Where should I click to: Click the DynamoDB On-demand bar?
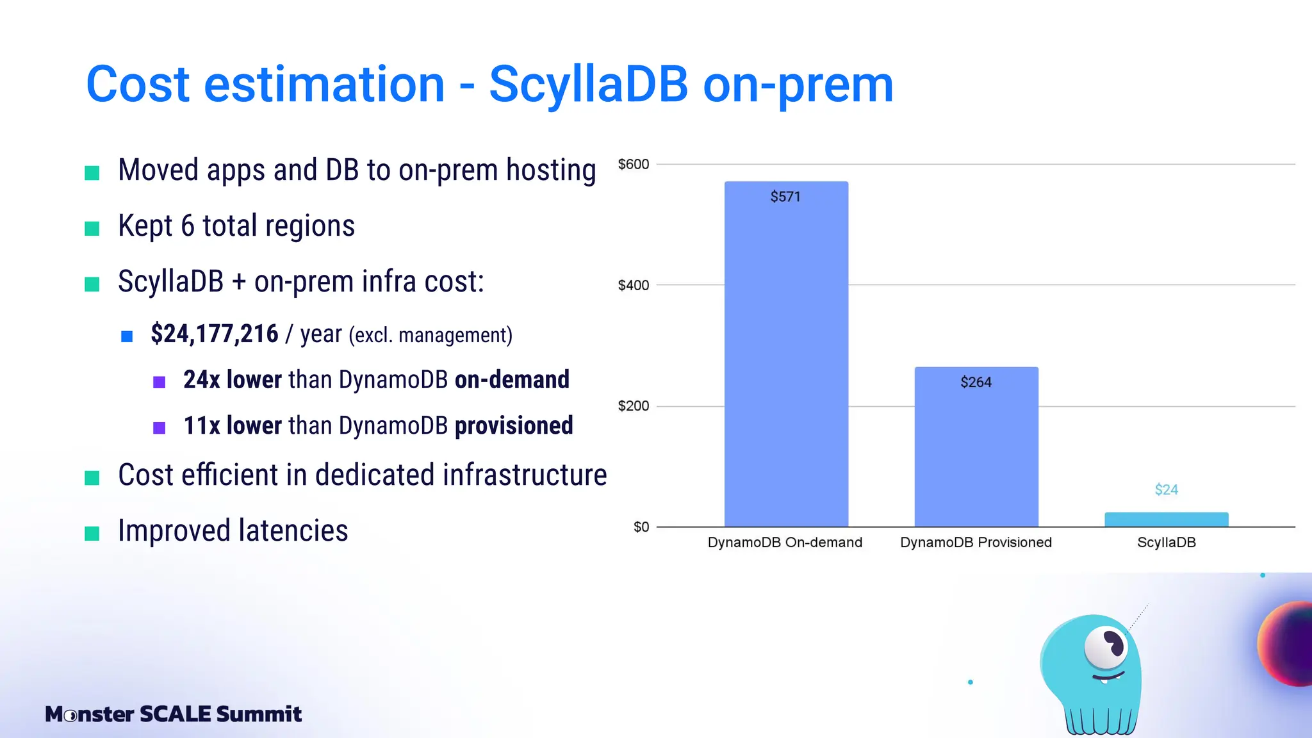[786, 359]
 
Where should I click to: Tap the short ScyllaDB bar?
[1166, 520]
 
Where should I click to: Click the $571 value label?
[785, 197]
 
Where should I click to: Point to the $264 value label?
[976, 382]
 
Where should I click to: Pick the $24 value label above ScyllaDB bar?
[1166, 490]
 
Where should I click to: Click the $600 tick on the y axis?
[633, 165]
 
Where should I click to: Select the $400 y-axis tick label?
[633, 286]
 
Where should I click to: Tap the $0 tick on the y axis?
[641, 527]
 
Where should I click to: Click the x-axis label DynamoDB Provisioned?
[976, 543]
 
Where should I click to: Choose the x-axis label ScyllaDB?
[1166, 543]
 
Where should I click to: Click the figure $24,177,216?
[215, 334]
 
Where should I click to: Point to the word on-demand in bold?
[512, 380]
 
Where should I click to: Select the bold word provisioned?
[514, 426]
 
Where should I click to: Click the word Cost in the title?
[138, 85]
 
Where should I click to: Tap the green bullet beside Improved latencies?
[92, 533]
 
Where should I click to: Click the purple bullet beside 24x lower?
[160, 382]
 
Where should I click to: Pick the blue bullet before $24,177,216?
[127, 336]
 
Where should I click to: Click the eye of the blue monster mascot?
[1106, 646]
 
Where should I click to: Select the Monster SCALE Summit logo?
[173, 714]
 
